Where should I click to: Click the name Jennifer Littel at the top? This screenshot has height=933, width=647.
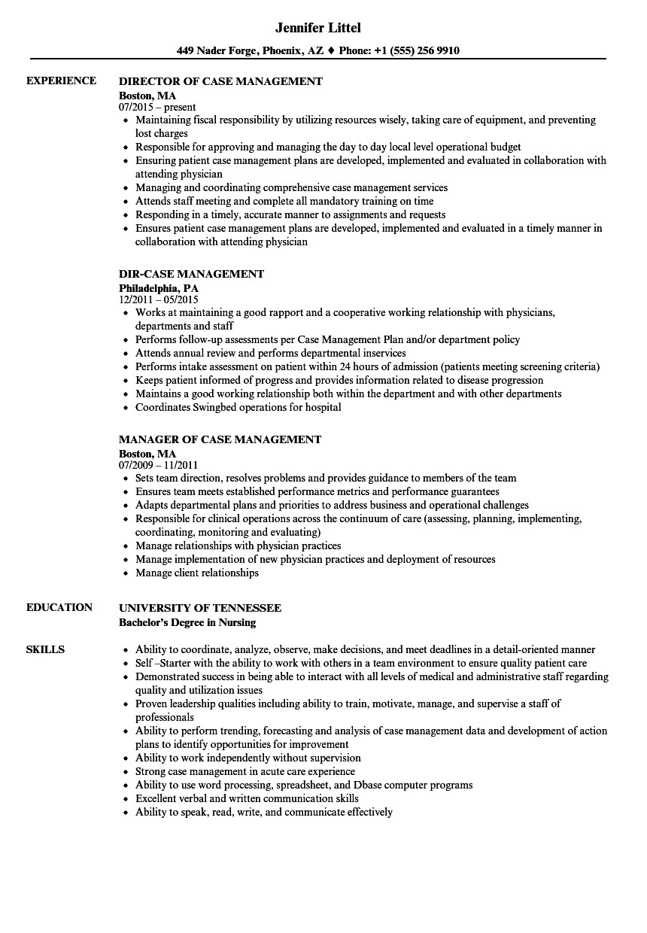317,28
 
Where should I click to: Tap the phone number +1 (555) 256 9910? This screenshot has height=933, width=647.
418,51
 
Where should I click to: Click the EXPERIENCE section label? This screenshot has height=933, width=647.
61,81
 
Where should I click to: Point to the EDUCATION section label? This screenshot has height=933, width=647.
59,607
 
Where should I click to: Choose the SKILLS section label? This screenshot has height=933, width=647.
45,649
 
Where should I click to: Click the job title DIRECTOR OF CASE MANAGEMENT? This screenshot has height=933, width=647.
221,81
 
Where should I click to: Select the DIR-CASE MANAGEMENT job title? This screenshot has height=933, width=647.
192,274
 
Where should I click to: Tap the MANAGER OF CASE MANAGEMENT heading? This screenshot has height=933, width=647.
220,439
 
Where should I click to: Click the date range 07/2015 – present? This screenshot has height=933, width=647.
157,108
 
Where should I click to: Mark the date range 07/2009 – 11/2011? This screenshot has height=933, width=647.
159,466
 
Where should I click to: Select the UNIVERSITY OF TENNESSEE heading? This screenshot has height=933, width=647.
200,608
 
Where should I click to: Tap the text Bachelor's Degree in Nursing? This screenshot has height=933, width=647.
187,622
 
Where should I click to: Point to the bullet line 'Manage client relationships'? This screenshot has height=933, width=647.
196,573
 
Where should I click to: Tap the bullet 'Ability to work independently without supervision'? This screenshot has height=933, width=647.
248,758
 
